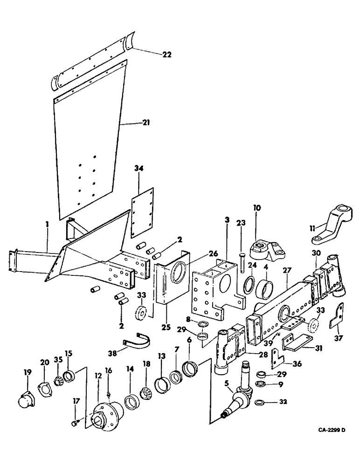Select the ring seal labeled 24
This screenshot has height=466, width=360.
pyautogui.click(x=249, y=282)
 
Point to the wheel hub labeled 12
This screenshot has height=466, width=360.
pyautogui.click(x=105, y=413)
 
